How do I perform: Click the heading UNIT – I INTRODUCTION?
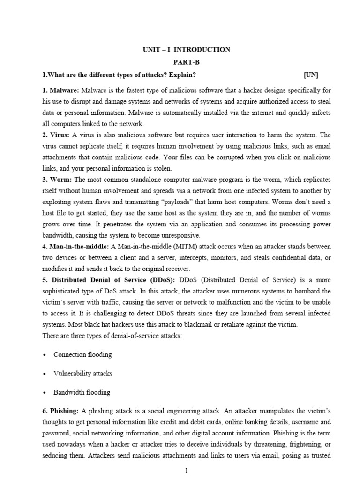coord(187,50)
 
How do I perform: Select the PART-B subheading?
coord(186,62)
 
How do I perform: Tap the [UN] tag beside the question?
coord(310,75)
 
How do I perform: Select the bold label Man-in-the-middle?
coord(79,247)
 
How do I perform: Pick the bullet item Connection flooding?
coord(82,354)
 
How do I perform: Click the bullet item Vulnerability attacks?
coord(82,374)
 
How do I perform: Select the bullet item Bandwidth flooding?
coord(82,392)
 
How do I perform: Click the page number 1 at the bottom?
coord(186,471)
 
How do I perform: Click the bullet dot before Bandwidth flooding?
coord(44,393)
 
